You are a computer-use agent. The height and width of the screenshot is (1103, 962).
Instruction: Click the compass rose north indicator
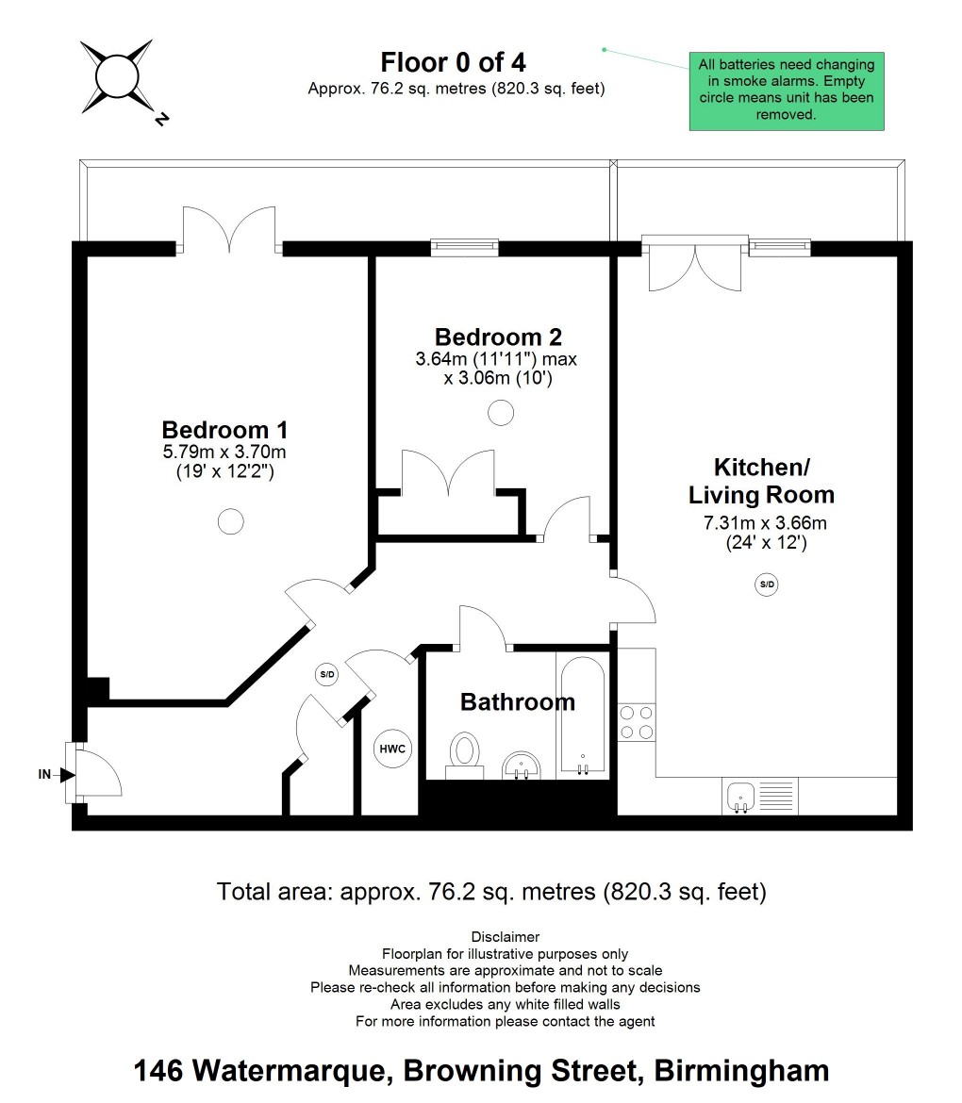[162, 120]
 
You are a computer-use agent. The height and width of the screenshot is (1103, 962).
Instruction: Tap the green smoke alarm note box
[786, 91]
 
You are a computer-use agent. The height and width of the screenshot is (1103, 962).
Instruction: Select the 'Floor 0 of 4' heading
[454, 62]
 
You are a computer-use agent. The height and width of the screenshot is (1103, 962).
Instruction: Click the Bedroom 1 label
[224, 430]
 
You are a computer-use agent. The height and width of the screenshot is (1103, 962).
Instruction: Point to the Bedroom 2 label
[498, 337]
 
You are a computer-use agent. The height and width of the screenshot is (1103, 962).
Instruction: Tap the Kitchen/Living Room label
[761, 481]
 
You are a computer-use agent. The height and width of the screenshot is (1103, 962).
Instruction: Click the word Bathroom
[517, 701]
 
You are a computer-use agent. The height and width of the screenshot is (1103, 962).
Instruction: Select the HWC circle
[392, 749]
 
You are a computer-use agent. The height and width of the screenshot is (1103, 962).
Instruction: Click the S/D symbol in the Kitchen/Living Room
[767, 584]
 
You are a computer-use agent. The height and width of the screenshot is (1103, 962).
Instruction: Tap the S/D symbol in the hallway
[327, 675]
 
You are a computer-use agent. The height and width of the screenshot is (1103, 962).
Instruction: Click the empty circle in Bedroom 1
[231, 521]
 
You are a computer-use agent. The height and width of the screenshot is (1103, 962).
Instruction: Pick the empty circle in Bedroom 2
[501, 413]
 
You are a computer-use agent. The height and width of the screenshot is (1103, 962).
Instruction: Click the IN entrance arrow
[68, 775]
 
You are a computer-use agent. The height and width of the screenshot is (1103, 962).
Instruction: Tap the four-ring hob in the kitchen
[637, 722]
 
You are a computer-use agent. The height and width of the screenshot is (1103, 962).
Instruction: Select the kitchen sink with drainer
[760, 797]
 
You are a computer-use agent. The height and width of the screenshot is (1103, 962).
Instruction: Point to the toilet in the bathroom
[464, 755]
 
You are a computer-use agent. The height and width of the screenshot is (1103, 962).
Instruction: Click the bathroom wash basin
[522, 766]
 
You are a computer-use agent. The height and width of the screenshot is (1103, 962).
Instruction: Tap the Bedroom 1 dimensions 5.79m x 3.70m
[224, 452]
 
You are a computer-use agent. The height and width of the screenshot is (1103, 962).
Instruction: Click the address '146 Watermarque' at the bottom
[259, 1071]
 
